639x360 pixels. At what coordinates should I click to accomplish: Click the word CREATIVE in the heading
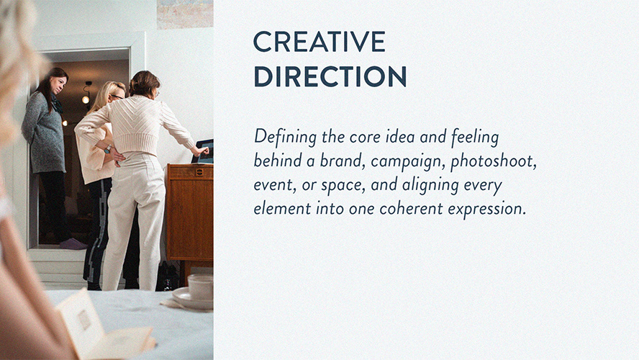(319, 42)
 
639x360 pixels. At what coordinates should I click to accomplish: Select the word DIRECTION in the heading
(330, 76)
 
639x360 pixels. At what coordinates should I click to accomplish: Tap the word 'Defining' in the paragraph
(285, 137)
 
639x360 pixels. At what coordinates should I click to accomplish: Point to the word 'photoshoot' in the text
(494, 161)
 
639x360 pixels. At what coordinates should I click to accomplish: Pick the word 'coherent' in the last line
(411, 208)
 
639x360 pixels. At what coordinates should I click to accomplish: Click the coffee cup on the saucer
(200, 287)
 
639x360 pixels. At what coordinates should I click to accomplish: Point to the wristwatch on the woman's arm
(108, 149)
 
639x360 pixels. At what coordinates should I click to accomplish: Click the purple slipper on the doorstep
(73, 244)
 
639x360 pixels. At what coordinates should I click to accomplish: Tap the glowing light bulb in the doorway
(86, 99)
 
